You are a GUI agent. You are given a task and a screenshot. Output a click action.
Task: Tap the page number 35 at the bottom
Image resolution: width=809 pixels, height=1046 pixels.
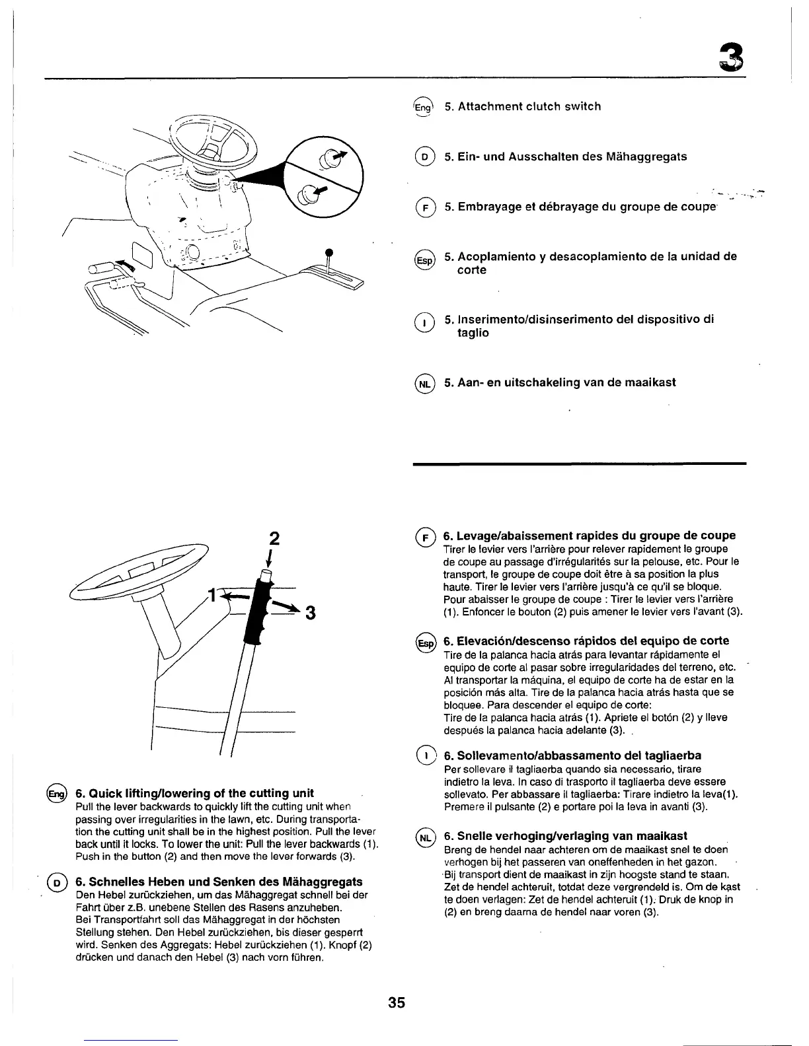[x=396, y=1002]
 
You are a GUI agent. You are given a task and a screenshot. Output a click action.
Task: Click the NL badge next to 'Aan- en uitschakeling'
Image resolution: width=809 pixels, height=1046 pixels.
[x=424, y=384]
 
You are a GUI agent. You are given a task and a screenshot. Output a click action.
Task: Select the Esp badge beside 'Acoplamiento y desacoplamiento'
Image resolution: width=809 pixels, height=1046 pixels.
[x=424, y=260]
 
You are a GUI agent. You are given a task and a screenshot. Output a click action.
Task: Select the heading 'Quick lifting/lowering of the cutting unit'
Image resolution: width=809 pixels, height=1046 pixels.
[x=194, y=793]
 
